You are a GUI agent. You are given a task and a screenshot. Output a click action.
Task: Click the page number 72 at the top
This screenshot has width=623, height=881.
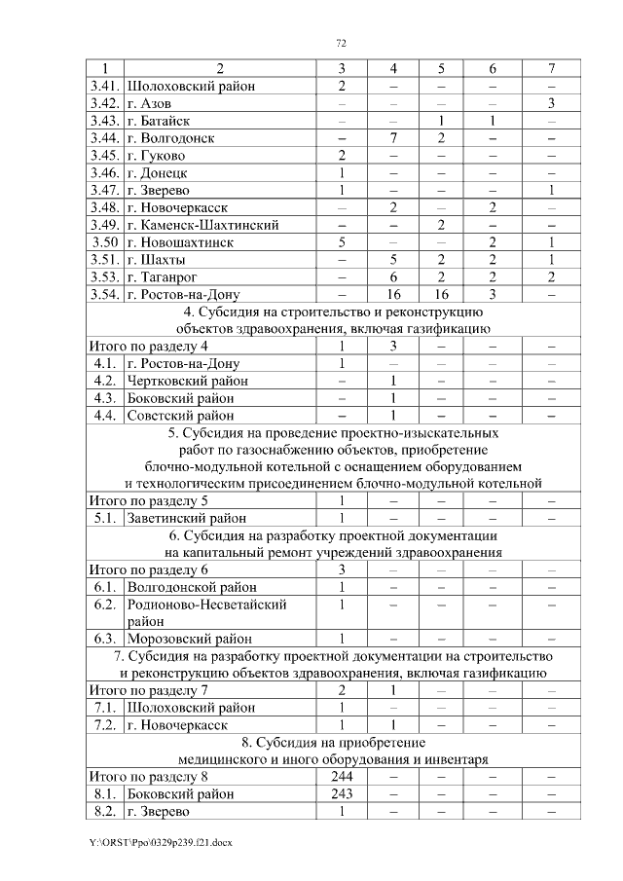coord(342,43)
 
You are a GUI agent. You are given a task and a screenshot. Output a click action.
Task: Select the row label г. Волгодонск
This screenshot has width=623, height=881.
coord(170,138)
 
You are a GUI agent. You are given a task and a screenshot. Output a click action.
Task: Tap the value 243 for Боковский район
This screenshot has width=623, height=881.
coord(342,793)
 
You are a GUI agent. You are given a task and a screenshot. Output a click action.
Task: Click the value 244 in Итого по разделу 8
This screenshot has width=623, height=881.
coord(342,776)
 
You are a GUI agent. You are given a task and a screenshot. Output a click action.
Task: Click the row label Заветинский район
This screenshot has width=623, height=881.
coord(186,518)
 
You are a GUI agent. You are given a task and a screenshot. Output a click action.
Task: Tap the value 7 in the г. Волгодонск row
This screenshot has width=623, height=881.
coord(393,138)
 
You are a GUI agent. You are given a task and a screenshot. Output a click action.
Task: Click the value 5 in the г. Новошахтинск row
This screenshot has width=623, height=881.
coord(342,242)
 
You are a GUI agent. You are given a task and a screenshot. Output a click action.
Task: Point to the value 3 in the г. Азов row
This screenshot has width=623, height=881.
coord(551,103)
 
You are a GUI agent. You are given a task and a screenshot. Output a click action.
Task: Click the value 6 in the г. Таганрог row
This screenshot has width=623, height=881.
coord(393,276)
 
